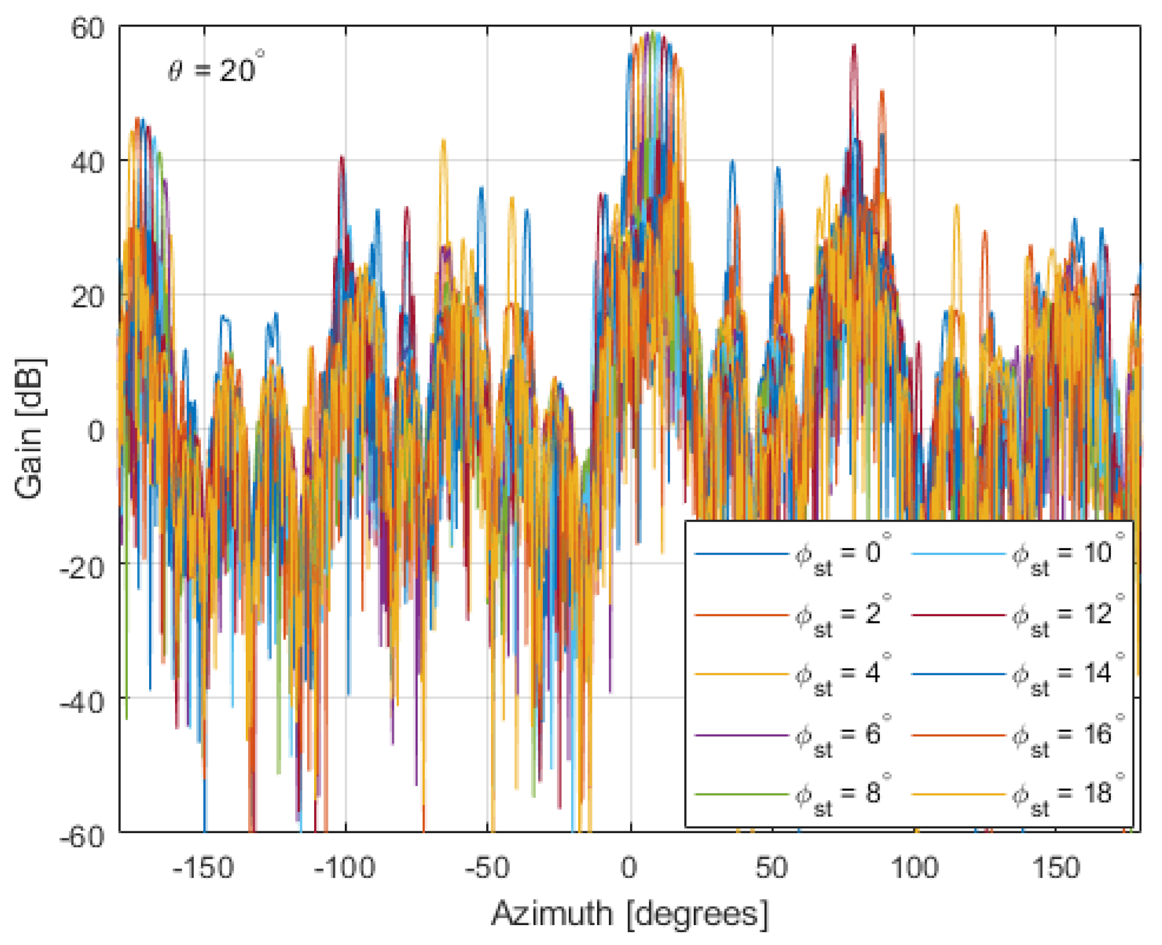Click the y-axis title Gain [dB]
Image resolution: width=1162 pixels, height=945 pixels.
pos(29,429)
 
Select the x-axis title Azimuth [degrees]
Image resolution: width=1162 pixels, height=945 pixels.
pos(630,914)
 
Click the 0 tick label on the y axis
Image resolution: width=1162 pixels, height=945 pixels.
pos(96,431)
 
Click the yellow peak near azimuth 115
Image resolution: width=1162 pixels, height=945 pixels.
pos(956,206)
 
